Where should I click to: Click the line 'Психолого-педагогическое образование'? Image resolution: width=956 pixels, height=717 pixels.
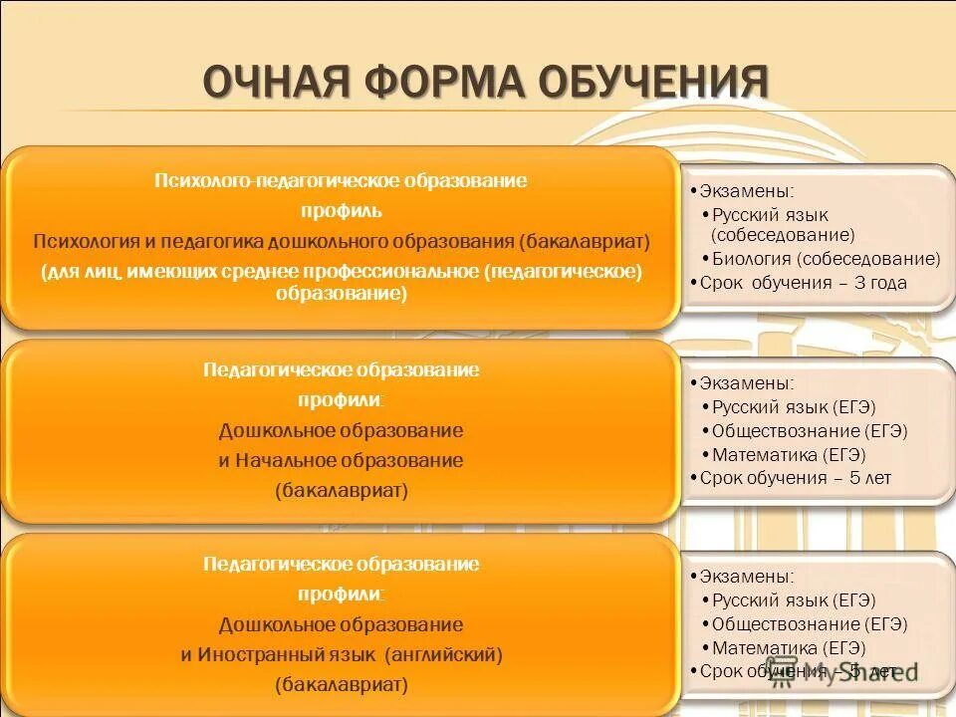tap(341, 180)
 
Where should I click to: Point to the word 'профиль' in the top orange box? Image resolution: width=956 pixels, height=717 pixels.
tap(341, 211)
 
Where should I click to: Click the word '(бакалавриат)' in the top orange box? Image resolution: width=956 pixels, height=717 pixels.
tap(584, 242)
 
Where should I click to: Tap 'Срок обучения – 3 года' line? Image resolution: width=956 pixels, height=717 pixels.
tap(803, 283)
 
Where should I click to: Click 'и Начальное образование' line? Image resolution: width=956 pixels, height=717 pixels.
tap(341, 461)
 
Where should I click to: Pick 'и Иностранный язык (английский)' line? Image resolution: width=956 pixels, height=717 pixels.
tap(341, 655)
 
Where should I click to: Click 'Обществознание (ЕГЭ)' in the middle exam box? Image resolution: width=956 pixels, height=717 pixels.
tap(810, 431)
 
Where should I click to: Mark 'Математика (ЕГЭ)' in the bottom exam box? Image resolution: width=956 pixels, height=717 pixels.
tap(789, 648)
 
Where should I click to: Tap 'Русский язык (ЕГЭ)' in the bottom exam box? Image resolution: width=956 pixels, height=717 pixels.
tap(794, 600)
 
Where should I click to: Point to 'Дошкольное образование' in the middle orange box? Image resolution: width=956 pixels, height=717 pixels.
tap(341, 431)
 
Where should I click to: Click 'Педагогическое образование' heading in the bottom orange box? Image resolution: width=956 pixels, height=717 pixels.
tap(341, 565)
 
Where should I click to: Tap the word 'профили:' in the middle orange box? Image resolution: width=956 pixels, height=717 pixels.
tap(341, 400)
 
